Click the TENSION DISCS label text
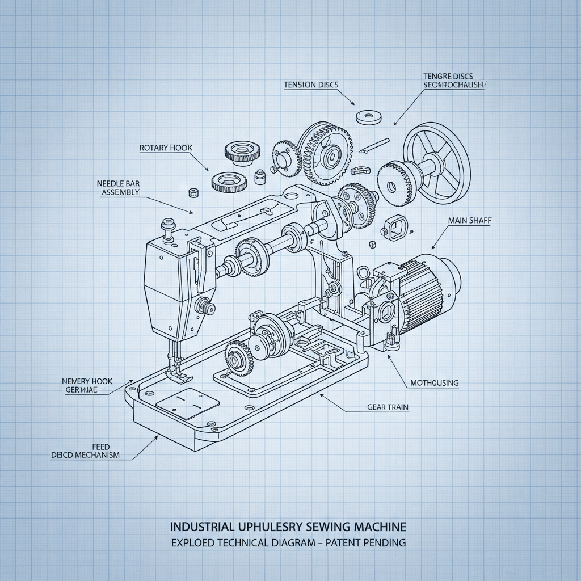click(311, 85)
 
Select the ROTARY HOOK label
click(166, 148)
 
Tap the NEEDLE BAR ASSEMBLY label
click(120, 188)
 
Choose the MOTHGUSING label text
click(434, 383)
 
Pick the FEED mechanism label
click(85, 451)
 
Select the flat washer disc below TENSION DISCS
click(368, 117)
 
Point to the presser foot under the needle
click(172, 371)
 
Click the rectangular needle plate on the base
click(187, 403)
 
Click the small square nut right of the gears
click(373, 245)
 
